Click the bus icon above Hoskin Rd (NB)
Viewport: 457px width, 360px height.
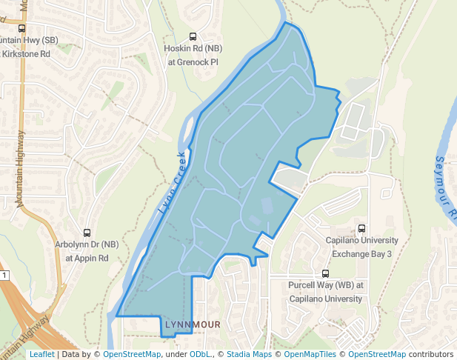point(193,36)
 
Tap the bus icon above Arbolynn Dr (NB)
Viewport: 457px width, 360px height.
point(87,233)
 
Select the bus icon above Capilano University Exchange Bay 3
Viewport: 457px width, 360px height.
point(361,228)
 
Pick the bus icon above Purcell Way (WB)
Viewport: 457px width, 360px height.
point(326,273)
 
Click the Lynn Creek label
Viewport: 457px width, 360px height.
point(172,184)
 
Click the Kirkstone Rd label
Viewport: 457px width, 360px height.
point(25,54)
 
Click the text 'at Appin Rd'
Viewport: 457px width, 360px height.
point(87,258)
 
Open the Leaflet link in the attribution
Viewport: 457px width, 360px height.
point(41,354)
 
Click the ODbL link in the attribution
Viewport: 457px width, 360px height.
point(201,354)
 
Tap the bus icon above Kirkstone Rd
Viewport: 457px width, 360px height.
point(21,28)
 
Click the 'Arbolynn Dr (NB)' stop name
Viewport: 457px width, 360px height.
point(87,244)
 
